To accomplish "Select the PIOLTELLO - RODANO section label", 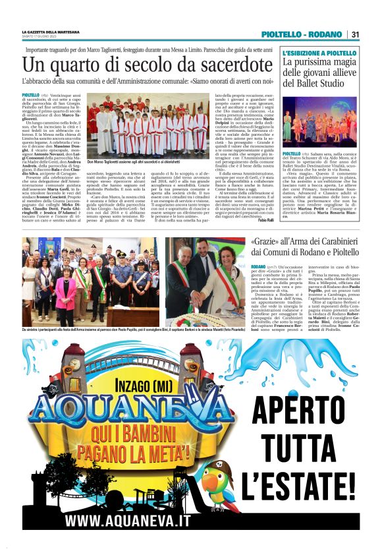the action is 302,34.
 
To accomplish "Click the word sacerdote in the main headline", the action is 218,66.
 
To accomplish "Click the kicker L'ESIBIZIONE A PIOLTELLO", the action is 319,53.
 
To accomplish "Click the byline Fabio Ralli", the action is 264,219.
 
